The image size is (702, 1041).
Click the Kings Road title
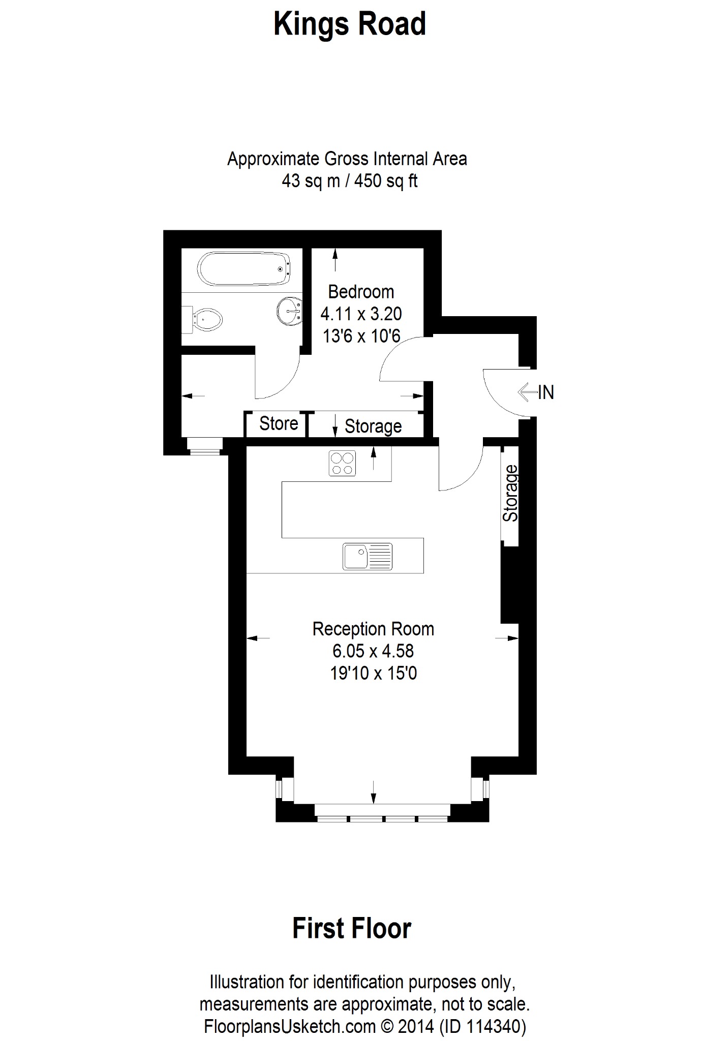(350, 24)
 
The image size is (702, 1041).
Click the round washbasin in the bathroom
(290, 310)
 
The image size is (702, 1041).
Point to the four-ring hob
(343, 463)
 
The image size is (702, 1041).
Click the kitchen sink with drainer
(368, 556)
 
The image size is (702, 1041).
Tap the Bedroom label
(361, 292)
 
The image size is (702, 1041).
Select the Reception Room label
(373, 629)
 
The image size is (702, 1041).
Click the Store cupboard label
(279, 423)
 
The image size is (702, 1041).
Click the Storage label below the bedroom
(373, 426)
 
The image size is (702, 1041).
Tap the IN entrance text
(546, 392)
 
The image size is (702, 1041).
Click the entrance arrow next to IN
(527, 392)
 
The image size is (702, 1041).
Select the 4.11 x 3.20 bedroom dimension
(361, 314)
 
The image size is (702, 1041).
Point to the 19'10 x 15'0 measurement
(373, 673)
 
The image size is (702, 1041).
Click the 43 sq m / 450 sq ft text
(350, 181)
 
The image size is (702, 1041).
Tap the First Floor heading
(352, 928)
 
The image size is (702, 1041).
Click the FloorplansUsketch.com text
(290, 1027)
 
